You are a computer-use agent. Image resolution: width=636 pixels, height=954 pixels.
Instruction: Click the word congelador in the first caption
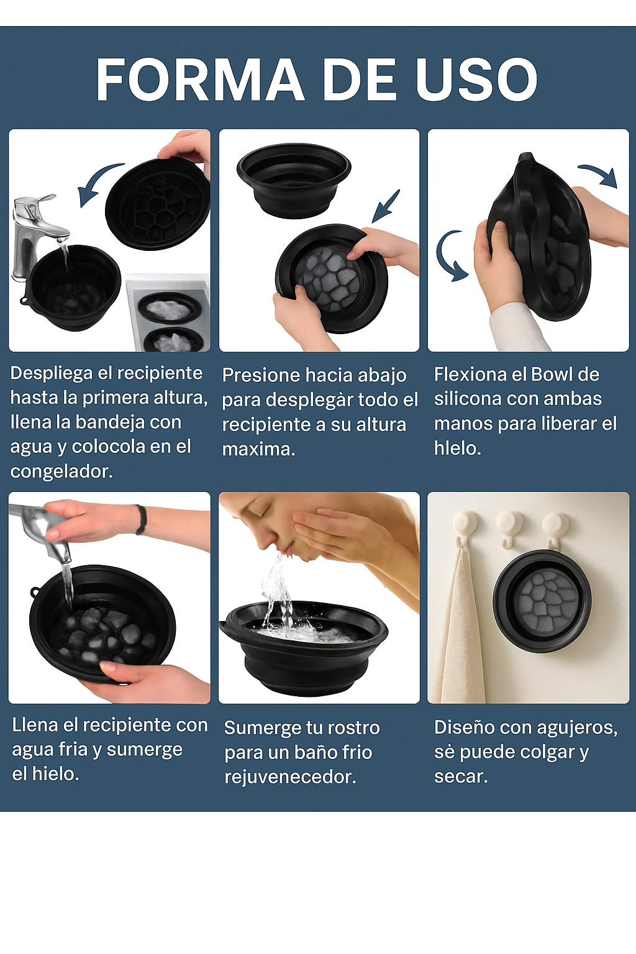click(61, 471)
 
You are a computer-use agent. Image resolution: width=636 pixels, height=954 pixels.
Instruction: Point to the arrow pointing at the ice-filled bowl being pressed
click(386, 206)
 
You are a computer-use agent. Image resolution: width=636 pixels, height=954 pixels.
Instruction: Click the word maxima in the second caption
click(258, 449)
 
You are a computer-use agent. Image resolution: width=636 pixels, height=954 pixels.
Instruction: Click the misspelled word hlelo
click(458, 448)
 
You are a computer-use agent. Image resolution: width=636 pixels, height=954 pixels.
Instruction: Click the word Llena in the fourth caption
click(35, 725)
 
